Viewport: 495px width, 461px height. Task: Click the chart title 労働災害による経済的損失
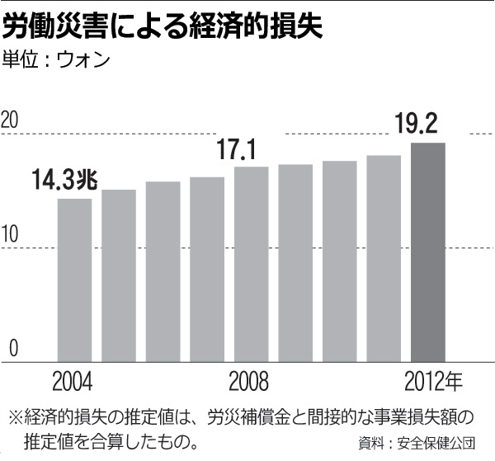(163, 27)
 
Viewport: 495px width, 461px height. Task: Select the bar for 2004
(74, 280)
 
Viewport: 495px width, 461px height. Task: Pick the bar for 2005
(119, 275)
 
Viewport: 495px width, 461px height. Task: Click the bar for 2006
(163, 271)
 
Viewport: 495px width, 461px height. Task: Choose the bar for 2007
(206, 269)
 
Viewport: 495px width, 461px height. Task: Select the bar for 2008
(251, 264)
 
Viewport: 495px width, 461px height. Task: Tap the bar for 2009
(295, 263)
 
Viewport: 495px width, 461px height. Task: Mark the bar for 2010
(339, 261)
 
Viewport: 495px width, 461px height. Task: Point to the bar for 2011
(384, 258)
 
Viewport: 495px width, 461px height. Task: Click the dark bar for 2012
(427, 252)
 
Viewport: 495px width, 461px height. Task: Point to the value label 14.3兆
(65, 180)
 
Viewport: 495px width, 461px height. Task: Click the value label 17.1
(238, 149)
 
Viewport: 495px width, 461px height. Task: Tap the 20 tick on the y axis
(11, 120)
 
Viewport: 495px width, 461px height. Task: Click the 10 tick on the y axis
(11, 234)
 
